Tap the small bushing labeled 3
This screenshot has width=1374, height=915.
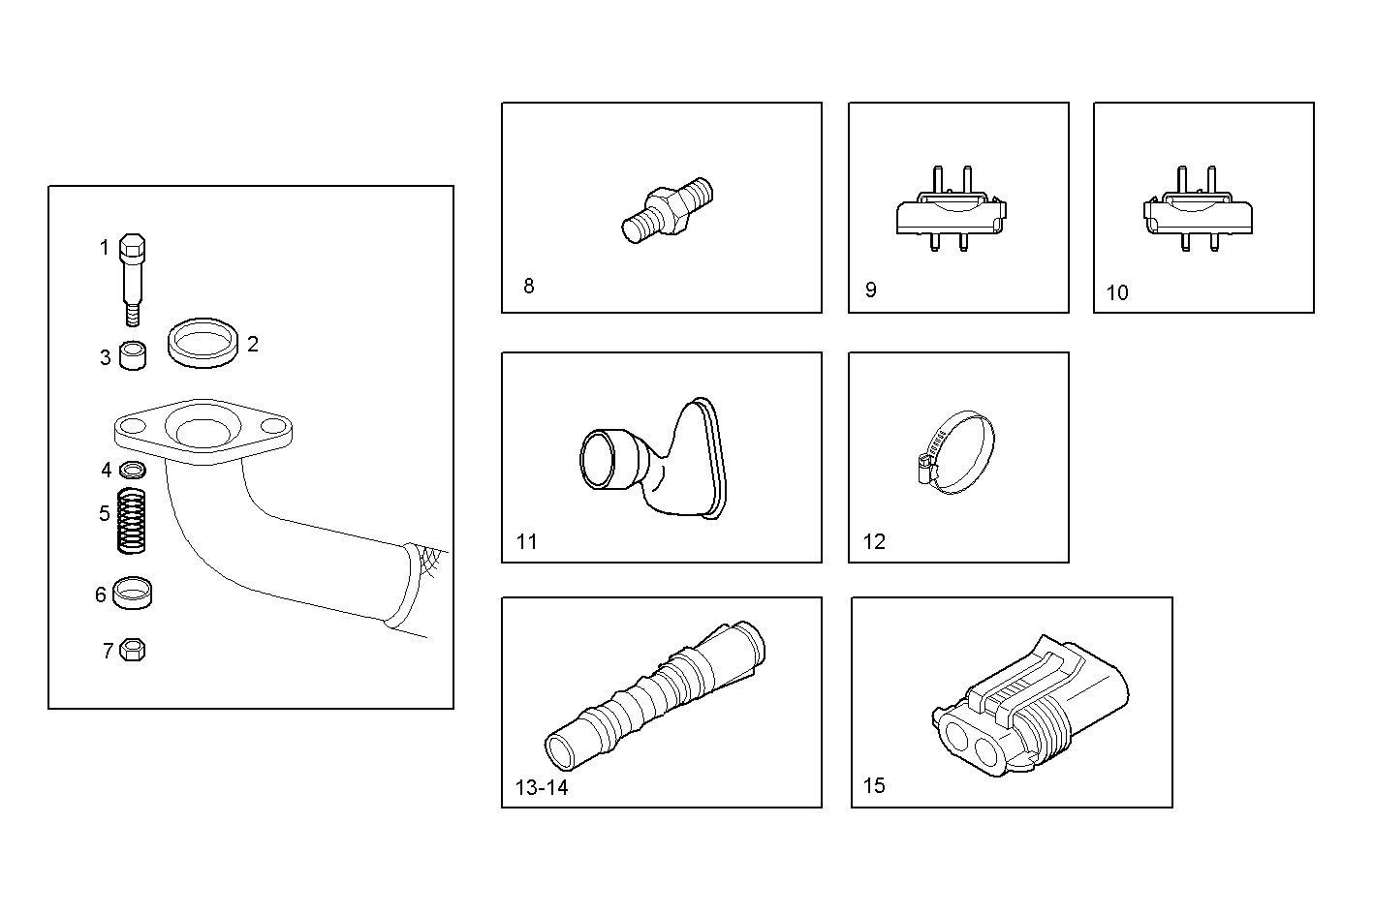coord(133,356)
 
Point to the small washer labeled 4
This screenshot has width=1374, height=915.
coord(133,471)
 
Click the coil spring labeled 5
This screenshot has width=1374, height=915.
coord(132,521)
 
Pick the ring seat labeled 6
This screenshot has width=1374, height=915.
coord(132,593)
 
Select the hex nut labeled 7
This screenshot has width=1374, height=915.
coord(133,650)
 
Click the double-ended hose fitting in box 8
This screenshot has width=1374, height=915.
coord(666,209)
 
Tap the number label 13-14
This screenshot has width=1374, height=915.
coord(542,787)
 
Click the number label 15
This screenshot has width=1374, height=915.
coord(874,785)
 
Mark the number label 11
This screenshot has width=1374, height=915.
coord(526,541)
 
